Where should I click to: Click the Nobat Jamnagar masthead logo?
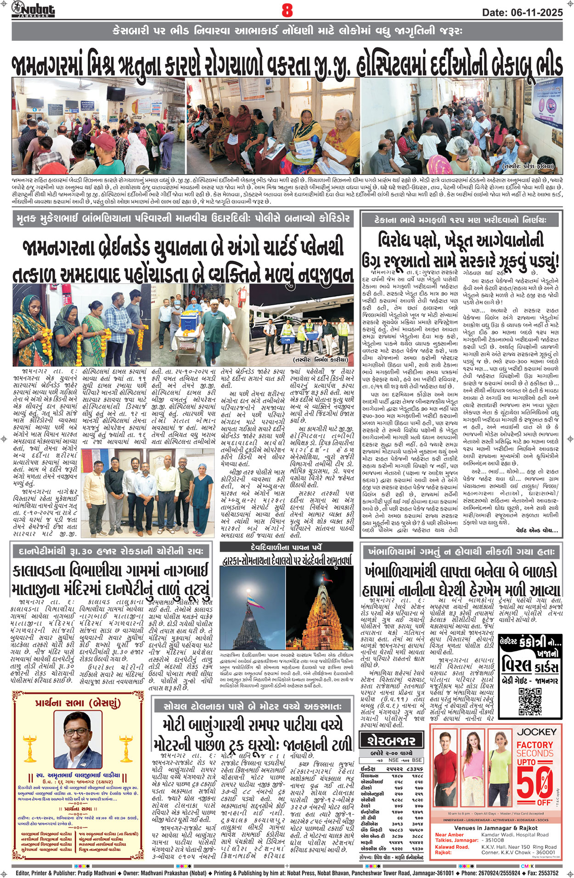pyautogui.click(x=33, y=9)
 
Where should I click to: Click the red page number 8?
pyautogui.click(x=287, y=10)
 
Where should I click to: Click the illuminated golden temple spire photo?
pyautogui.click(x=320, y=610)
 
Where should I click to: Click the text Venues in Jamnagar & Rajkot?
pyautogui.click(x=496, y=828)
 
